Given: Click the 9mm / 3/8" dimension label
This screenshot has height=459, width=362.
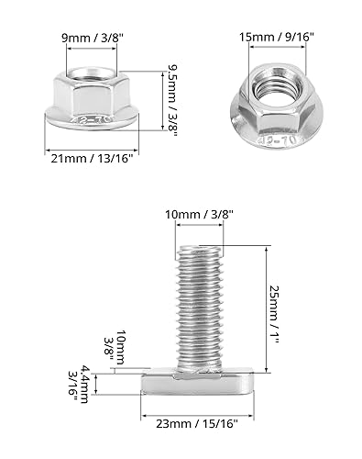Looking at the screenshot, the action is (x=93, y=38).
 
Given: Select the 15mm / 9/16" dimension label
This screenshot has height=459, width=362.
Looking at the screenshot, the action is (x=277, y=38).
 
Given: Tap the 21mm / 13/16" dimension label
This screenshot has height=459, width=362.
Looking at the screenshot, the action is (x=92, y=159).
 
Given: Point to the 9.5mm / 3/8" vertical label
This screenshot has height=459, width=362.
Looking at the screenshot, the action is (x=172, y=100).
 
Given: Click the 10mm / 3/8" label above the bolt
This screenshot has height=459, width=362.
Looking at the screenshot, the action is (x=200, y=215).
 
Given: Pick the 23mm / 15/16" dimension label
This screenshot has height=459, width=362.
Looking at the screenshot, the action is (x=197, y=424).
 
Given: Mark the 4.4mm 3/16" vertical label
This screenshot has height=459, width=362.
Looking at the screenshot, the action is (x=79, y=385).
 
